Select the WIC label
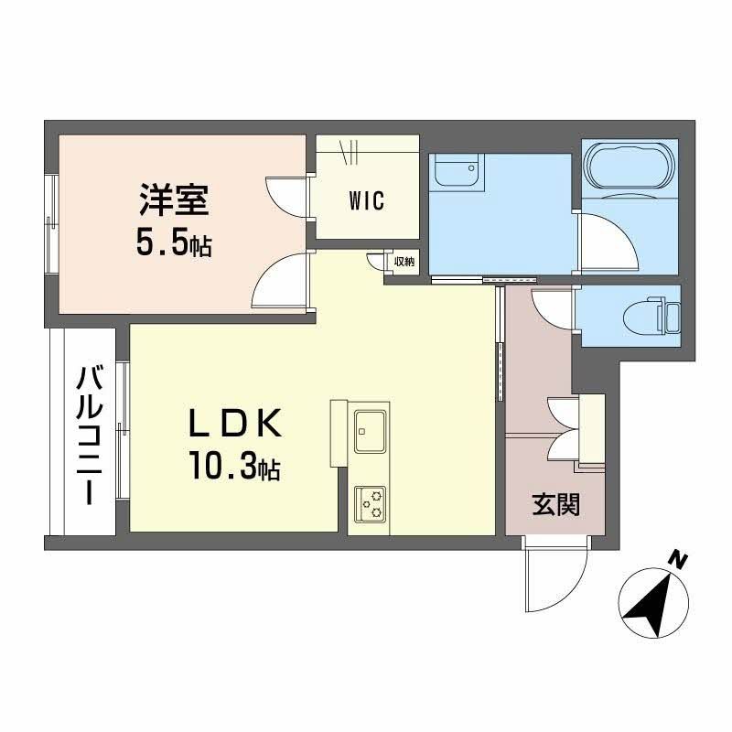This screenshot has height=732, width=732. pyautogui.click(x=366, y=201)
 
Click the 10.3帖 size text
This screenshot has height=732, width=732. pyautogui.click(x=234, y=469)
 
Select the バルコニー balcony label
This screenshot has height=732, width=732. pyautogui.click(x=89, y=434)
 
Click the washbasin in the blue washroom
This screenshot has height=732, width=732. pyautogui.click(x=456, y=171)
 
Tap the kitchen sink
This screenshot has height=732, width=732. pyautogui.click(x=371, y=428)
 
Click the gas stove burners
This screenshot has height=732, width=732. pyautogui.click(x=371, y=500)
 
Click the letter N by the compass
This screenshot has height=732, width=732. pyautogui.click(x=677, y=559)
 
